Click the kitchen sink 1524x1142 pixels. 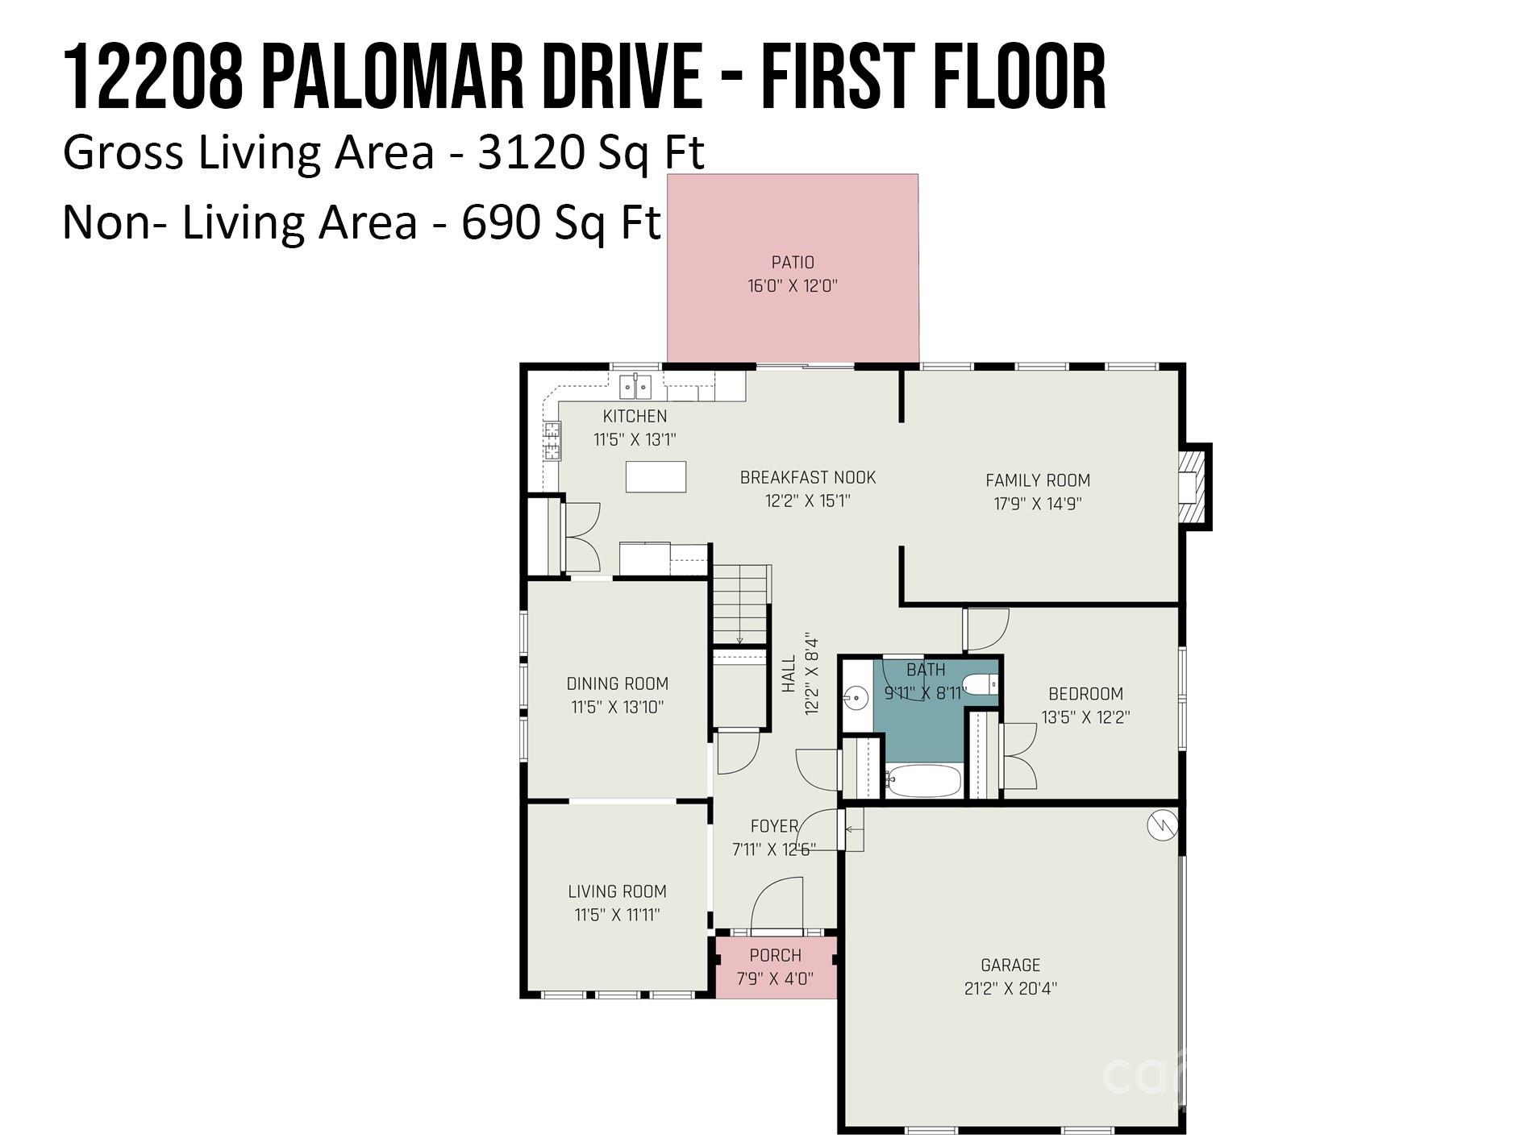(635, 387)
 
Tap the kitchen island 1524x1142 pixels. (656, 476)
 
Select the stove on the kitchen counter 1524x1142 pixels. (552, 440)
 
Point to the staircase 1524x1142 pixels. (740, 604)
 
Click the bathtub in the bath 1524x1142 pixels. (923, 780)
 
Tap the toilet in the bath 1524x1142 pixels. (981, 685)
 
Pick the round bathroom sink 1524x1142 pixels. (856, 695)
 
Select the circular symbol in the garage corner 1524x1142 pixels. (1162, 824)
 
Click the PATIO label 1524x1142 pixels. (793, 263)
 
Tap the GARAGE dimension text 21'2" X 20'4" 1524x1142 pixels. (1010, 988)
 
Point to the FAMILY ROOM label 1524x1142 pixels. (1038, 480)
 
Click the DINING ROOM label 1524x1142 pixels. (618, 684)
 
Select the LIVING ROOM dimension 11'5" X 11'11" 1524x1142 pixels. (618, 915)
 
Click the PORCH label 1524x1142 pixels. (776, 956)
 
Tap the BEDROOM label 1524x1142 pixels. (1085, 694)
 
